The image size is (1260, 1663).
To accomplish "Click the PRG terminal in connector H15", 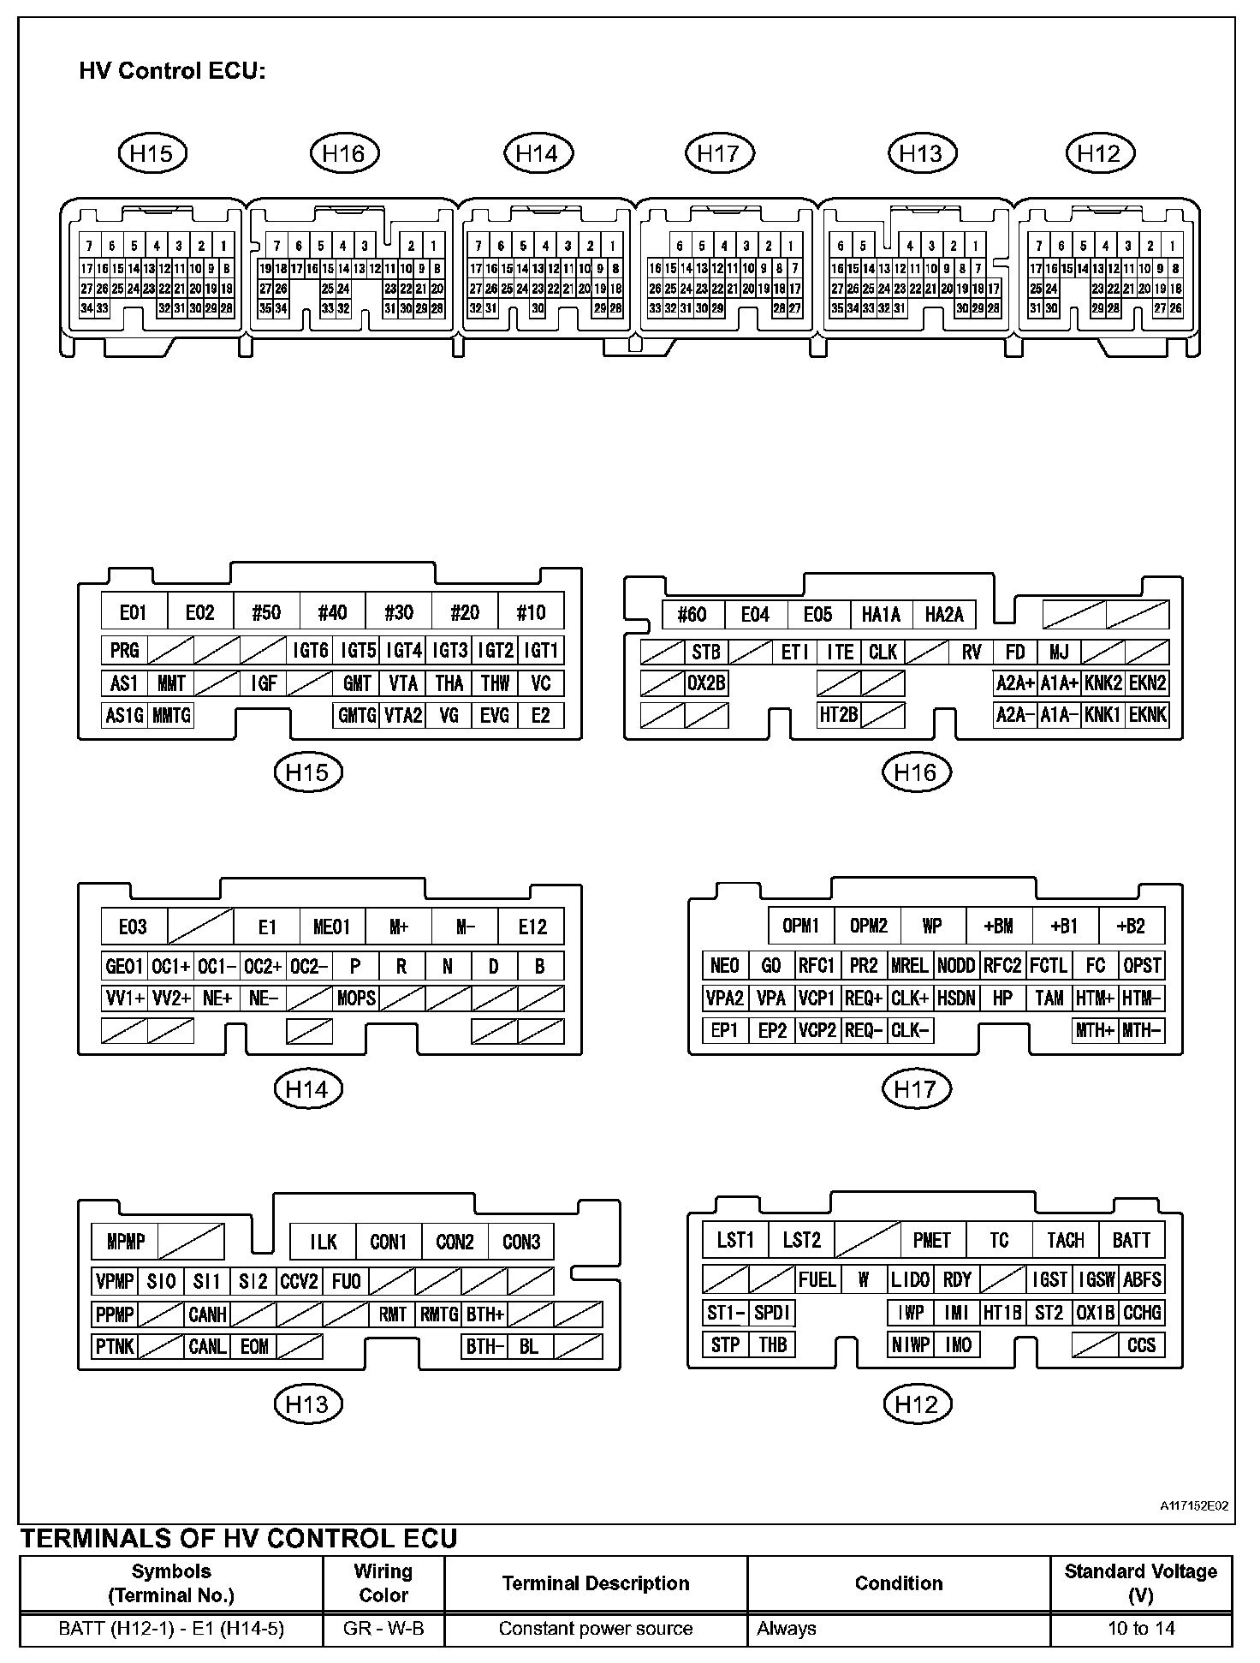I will coord(124,650).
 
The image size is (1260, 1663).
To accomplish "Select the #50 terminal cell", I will coord(266,612).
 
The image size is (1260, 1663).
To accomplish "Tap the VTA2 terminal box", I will coord(402,715).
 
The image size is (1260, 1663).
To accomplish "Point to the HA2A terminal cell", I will coord(944,614).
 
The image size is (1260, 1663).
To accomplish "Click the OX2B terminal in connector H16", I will coord(706,683).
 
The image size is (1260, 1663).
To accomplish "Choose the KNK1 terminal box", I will coord(1102,714).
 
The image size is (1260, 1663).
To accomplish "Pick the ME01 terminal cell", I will coord(332,927).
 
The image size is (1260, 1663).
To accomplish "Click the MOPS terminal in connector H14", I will coord(355,998).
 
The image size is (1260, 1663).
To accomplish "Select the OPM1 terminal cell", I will coord(801,926).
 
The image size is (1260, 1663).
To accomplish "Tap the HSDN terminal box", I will coord(956,998).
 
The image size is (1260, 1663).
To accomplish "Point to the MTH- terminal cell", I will coord(1142,1030).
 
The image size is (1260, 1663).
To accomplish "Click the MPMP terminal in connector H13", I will coord(126,1241).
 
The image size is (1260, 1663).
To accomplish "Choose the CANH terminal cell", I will coord(207,1314).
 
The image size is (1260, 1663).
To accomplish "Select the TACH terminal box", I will coord(1065,1240).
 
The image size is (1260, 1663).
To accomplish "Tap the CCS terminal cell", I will coord(1142,1344).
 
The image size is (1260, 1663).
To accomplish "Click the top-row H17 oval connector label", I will coord(719,153).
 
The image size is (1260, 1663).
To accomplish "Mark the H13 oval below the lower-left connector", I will coord(307,1404).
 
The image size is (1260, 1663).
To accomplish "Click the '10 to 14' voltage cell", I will coord(1140,1628).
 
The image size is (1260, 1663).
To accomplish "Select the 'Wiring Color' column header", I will coord(383,1583).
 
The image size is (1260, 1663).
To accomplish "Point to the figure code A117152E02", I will coord(1194,1505).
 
